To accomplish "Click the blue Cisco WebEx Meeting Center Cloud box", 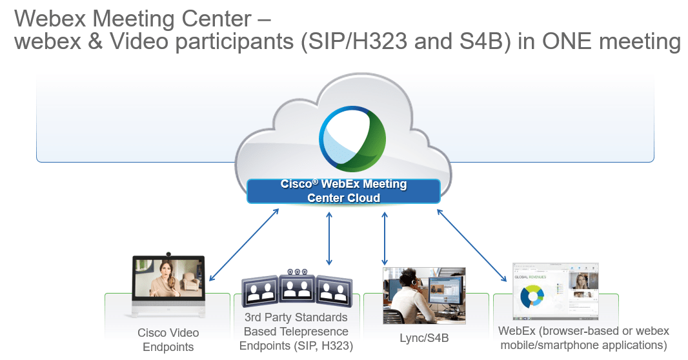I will pos(343,191).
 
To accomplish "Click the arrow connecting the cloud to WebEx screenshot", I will pos(471,245).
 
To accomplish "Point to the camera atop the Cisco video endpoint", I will pos(168,254).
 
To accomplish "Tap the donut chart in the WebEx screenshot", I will pos(533,297).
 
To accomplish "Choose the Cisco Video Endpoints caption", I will pos(168,340).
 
